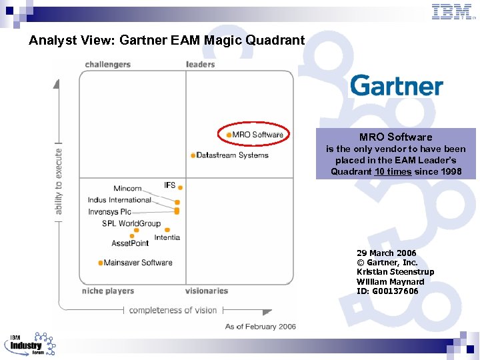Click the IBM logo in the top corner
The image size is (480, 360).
[452, 11]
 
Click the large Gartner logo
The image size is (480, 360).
[396, 86]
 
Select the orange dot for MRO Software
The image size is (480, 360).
[229, 135]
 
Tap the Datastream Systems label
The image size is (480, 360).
[233, 155]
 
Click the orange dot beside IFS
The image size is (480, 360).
[180, 187]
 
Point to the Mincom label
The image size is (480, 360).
[127, 189]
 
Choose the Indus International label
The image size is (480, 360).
[119, 200]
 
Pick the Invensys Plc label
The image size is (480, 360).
[110, 212]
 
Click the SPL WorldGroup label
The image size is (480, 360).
[131, 223]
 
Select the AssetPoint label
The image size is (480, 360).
[130, 243]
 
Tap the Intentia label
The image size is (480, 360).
[167, 237]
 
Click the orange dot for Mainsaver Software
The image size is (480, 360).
[100, 263]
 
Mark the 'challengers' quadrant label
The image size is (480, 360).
[108, 65]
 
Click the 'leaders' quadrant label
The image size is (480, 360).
[200, 65]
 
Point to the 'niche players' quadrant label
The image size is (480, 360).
[108, 291]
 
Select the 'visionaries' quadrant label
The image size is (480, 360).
[207, 291]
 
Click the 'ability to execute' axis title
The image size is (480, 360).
[59, 181]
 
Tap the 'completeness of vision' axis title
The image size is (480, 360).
[173, 310]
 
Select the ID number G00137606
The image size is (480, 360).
[387, 291]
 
